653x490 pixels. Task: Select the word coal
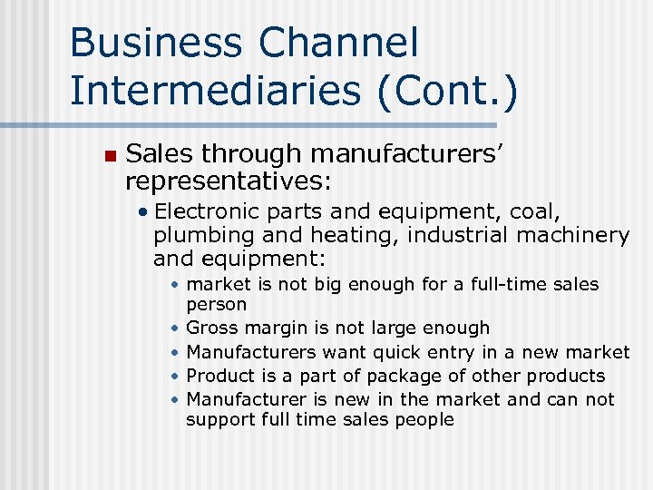[541, 212]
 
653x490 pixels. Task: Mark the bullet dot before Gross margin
[174, 328]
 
